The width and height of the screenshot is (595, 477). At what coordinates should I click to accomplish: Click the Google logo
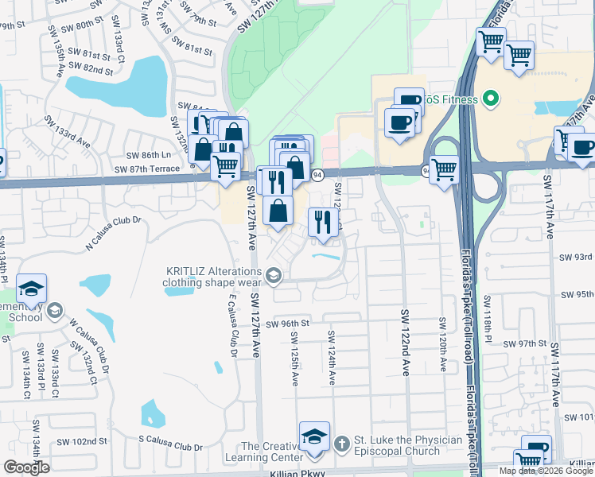click(x=26, y=467)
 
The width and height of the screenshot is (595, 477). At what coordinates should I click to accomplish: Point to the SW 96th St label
click(x=287, y=324)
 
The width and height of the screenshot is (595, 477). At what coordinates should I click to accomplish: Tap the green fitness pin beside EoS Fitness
click(x=491, y=99)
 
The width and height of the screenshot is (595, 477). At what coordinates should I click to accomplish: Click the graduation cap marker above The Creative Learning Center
click(x=314, y=436)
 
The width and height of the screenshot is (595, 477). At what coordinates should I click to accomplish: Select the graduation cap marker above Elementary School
click(x=31, y=288)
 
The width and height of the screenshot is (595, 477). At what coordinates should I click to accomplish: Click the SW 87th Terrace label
click(x=146, y=169)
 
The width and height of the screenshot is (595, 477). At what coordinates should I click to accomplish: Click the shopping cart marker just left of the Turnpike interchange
click(x=444, y=169)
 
